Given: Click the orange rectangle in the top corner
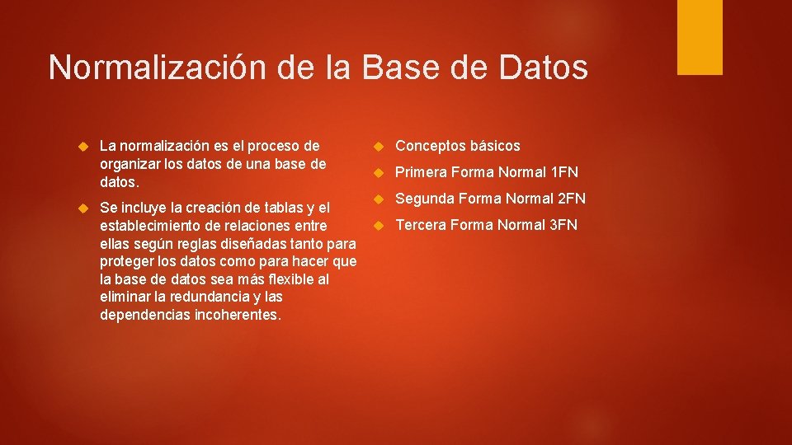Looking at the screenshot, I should [700, 37].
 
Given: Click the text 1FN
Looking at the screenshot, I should [564, 172].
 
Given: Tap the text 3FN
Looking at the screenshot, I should [563, 225].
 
